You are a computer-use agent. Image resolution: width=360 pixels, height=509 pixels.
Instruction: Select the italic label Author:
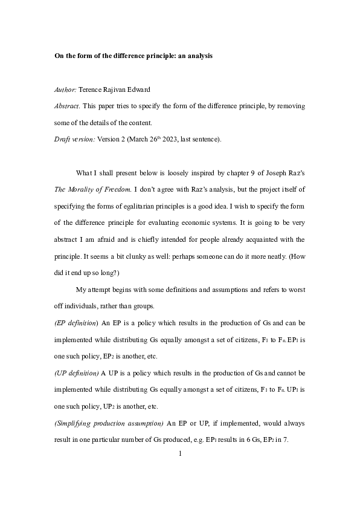coord(65,89)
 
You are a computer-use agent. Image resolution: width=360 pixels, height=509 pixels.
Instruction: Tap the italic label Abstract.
coord(66,106)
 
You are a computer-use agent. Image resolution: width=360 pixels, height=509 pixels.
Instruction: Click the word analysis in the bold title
coord(195,56)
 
